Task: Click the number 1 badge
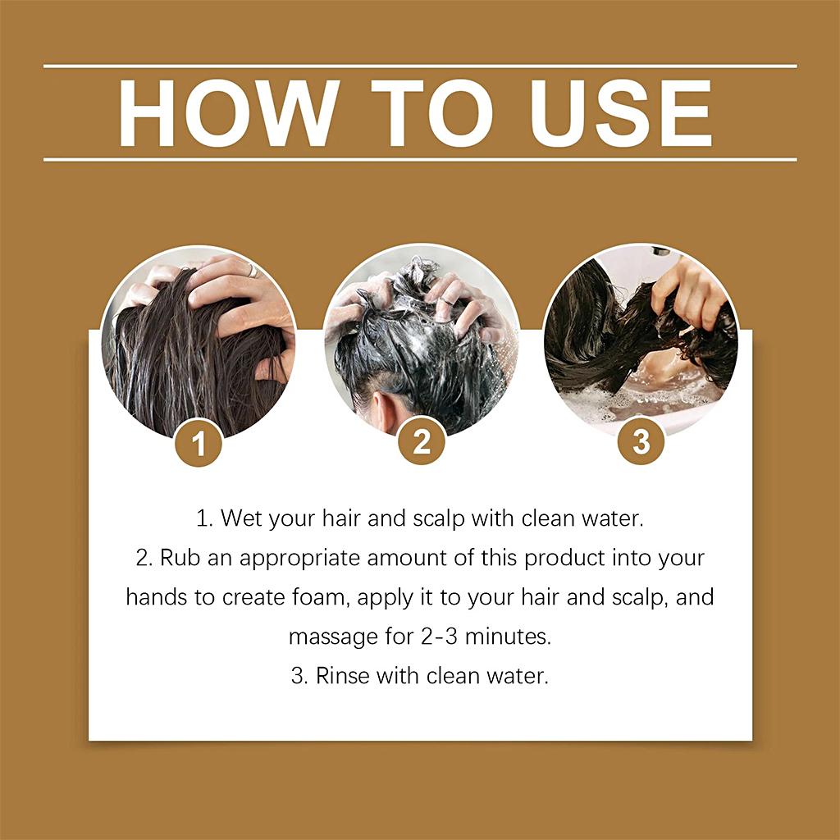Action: click(199, 443)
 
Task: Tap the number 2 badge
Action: click(421, 442)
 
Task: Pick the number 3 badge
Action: click(641, 441)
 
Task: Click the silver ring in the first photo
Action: click(253, 271)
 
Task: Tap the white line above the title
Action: click(420, 66)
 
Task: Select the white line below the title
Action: click(420, 159)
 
